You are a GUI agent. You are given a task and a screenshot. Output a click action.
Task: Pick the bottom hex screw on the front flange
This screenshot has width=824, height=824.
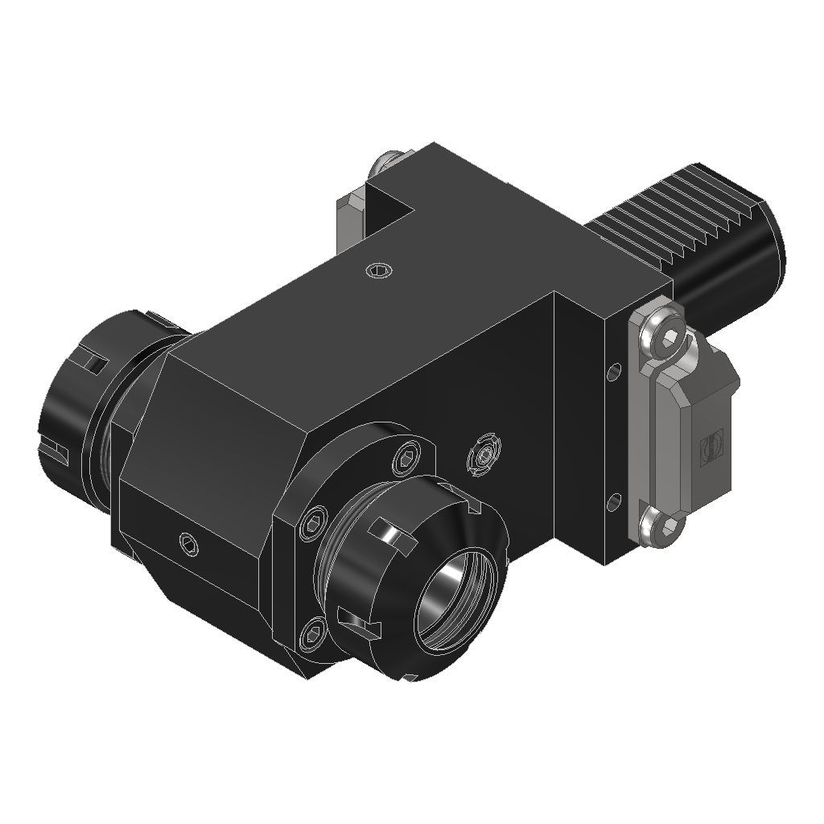click(312, 636)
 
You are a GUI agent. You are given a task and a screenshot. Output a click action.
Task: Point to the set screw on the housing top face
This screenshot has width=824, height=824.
click(378, 270)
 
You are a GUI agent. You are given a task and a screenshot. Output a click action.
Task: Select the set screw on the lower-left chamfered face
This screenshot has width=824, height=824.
click(189, 543)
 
